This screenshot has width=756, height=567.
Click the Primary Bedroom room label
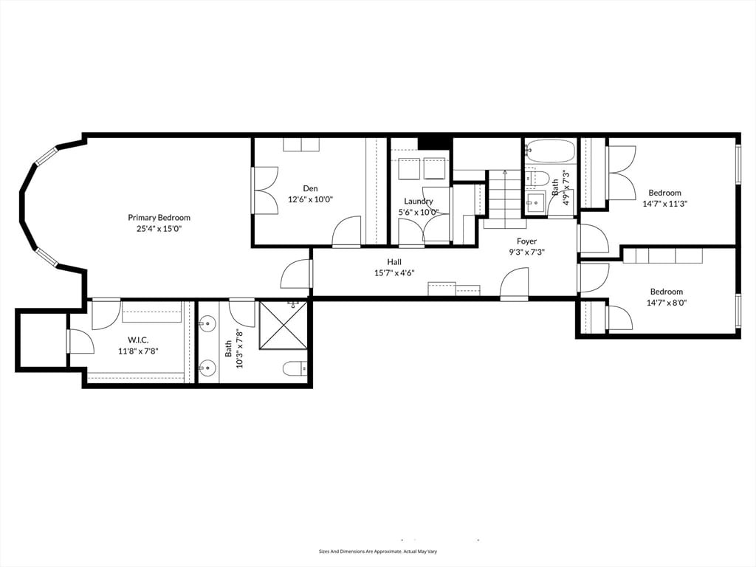point(159,218)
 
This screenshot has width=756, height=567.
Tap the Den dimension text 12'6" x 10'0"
point(310,199)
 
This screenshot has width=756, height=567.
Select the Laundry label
point(419,201)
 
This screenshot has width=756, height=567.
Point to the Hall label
point(394,261)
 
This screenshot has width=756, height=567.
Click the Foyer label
point(526,241)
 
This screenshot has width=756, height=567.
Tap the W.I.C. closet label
point(138,340)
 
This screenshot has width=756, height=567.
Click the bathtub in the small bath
point(550,151)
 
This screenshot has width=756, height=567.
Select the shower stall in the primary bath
point(283,325)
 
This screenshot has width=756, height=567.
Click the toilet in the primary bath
point(295,368)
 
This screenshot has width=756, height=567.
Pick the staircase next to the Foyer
point(506,198)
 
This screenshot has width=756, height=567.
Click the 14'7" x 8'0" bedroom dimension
point(666,302)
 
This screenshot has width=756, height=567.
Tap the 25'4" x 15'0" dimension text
point(159,229)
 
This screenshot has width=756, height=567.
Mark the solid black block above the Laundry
point(435,142)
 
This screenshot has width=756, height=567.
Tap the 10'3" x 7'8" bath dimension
point(238,349)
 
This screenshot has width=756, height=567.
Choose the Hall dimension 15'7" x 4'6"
point(394,272)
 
